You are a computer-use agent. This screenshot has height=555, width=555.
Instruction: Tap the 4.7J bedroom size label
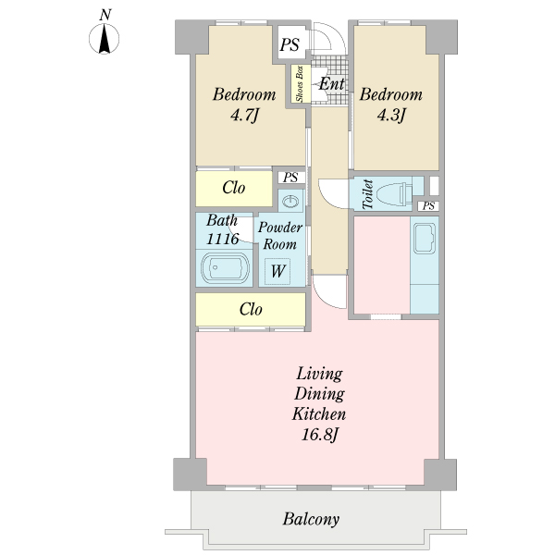tap(244, 116)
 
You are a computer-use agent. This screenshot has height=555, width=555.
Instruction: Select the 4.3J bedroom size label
tap(390, 116)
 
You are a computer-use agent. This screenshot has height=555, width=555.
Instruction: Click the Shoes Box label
tap(300, 84)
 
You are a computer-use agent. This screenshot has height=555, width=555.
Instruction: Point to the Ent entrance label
tap(331, 84)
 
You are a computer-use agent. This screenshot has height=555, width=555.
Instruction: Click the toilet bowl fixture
tap(394, 193)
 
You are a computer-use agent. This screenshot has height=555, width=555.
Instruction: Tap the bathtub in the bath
tap(225, 267)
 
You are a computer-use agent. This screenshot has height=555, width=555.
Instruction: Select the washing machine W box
tap(277, 271)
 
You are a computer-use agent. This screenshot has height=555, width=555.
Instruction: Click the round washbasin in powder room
tap(290, 202)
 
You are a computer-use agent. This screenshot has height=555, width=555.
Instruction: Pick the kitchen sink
tap(425, 239)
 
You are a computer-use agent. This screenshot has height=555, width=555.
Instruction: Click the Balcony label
tap(311, 519)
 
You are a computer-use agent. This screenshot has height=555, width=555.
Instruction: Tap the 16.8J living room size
tap(319, 435)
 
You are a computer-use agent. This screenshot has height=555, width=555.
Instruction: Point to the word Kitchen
tap(319, 413)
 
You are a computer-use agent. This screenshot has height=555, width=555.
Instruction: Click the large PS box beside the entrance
tap(290, 44)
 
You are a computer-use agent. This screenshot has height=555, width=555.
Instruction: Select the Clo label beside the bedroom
tap(234, 188)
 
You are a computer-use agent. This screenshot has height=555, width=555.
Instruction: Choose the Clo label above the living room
tap(251, 309)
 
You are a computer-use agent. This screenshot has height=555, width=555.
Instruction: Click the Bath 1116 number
tap(223, 240)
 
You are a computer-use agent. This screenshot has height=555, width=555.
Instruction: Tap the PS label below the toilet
tap(428, 205)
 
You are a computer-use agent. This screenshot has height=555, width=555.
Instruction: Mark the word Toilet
tap(368, 194)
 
